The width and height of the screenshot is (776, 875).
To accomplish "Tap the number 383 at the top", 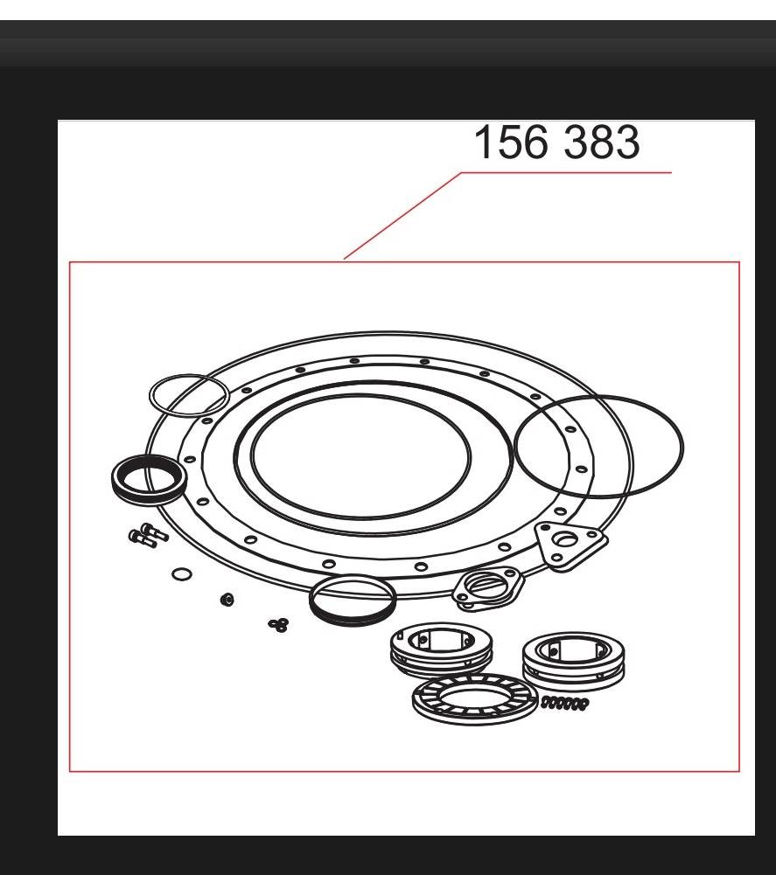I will point(601,142).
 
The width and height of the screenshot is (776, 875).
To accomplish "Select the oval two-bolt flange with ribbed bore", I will point(488,586).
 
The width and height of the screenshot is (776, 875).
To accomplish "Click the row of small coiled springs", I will point(565,702).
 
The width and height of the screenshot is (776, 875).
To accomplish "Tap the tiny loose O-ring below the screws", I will point(182,573).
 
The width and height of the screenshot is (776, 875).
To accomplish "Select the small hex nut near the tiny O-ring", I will point(227,600).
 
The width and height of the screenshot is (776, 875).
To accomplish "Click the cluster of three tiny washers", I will point(279,623).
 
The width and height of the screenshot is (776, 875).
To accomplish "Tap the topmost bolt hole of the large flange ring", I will point(353,360).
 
